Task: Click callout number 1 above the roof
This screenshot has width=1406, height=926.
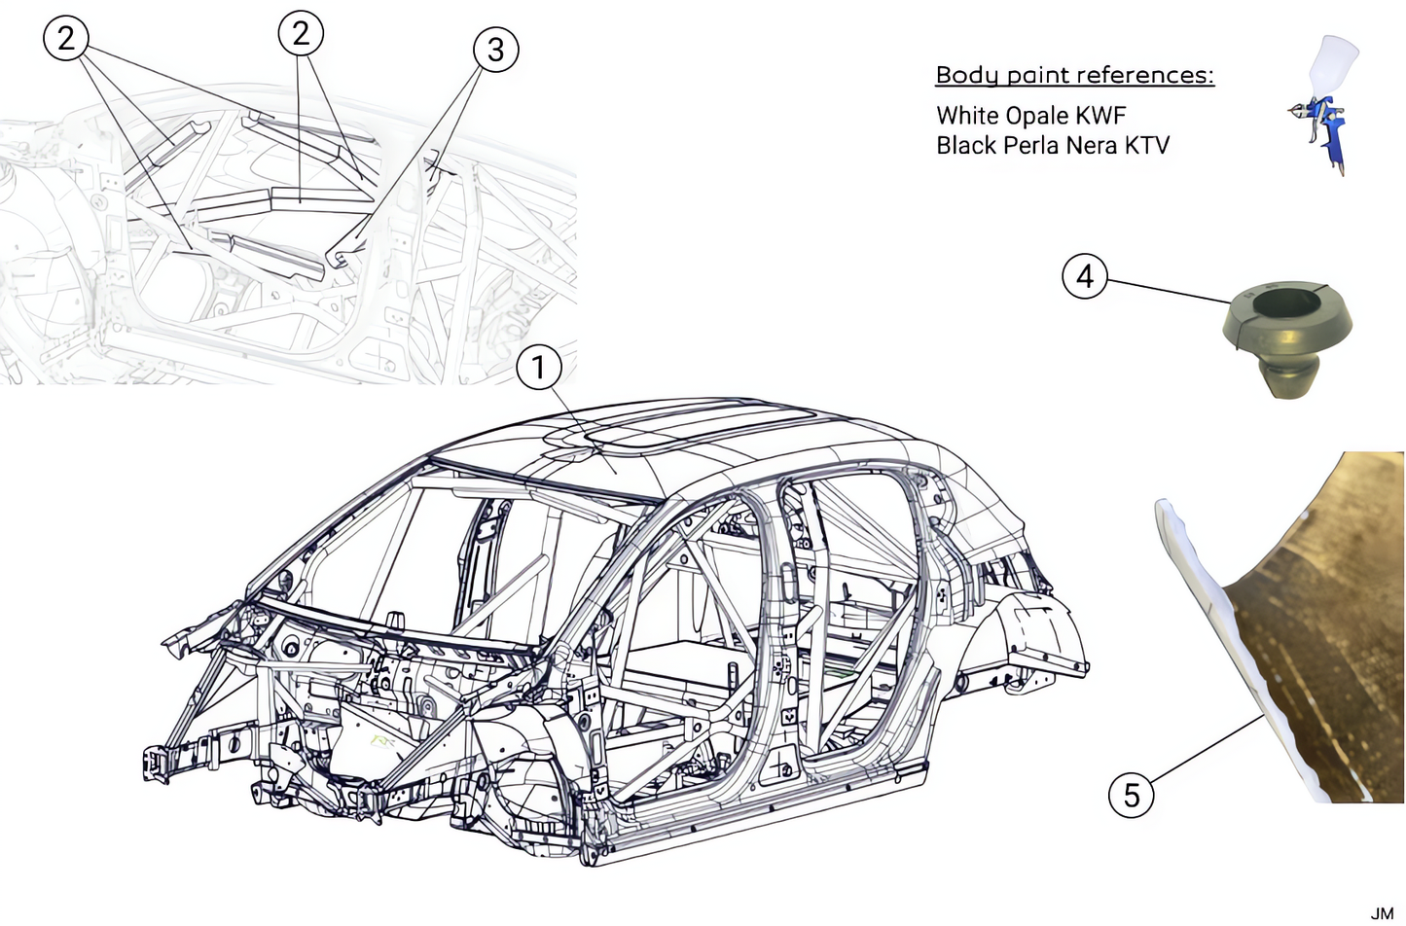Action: pyautogui.click(x=539, y=368)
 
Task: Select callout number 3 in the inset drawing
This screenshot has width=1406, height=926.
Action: pyautogui.click(x=495, y=49)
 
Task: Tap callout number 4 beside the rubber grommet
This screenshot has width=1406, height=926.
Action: pyautogui.click(x=1084, y=276)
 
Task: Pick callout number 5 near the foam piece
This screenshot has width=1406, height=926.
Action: pyautogui.click(x=1131, y=795)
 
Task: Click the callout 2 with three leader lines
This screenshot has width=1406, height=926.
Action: pyautogui.click(x=65, y=38)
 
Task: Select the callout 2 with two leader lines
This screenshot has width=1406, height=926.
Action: pyautogui.click(x=300, y=33)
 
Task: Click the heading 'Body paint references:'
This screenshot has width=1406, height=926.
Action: pyautogui.click(x=1074, y=75)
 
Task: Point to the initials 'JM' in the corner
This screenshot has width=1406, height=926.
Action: pyautogui.click(x=1382, y=912)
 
